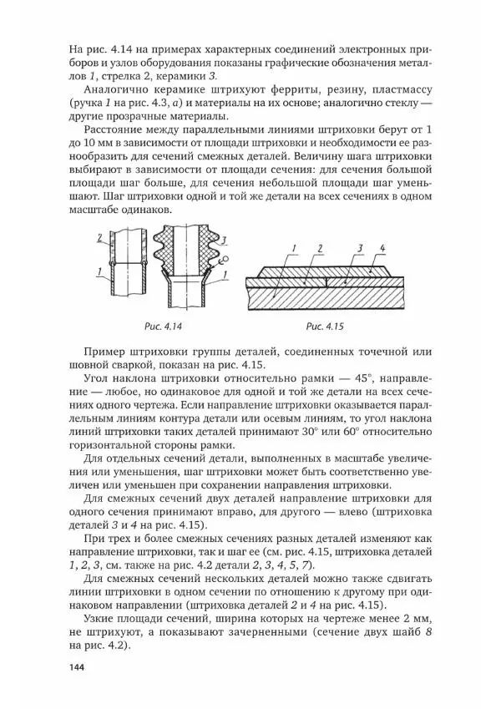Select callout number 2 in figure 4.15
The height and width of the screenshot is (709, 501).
[319, 248]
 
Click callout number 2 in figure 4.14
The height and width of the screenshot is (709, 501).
[98, 238]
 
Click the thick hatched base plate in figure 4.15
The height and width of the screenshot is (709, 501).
[334, 296]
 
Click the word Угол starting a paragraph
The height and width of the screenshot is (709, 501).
[98, 377]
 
